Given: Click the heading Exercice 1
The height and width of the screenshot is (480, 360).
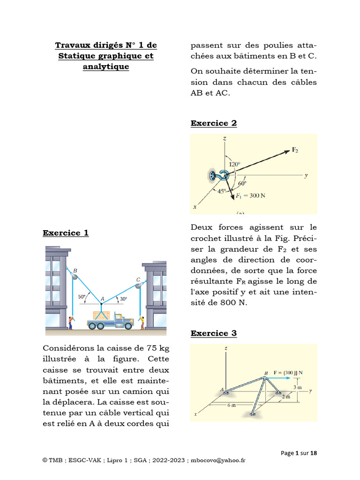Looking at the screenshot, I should coord(66,233).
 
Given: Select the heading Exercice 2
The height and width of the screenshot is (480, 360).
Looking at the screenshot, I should coord(213,123).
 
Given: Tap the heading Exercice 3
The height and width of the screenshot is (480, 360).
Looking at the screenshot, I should coord(213,333).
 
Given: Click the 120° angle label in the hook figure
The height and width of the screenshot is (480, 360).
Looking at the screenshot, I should coord(234,165).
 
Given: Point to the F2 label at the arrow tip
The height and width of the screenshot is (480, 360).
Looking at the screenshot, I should coord(295,150).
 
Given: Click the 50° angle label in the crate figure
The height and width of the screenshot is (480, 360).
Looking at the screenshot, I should coord(82,297).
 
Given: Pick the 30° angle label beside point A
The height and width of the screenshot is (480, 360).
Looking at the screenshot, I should coord(123,299).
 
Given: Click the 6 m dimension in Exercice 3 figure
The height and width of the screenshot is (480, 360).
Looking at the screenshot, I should coord(231,405).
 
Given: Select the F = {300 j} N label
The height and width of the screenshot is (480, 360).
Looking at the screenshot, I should coord(288,373).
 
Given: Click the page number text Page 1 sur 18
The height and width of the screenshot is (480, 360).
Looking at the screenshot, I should coord(299,453).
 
